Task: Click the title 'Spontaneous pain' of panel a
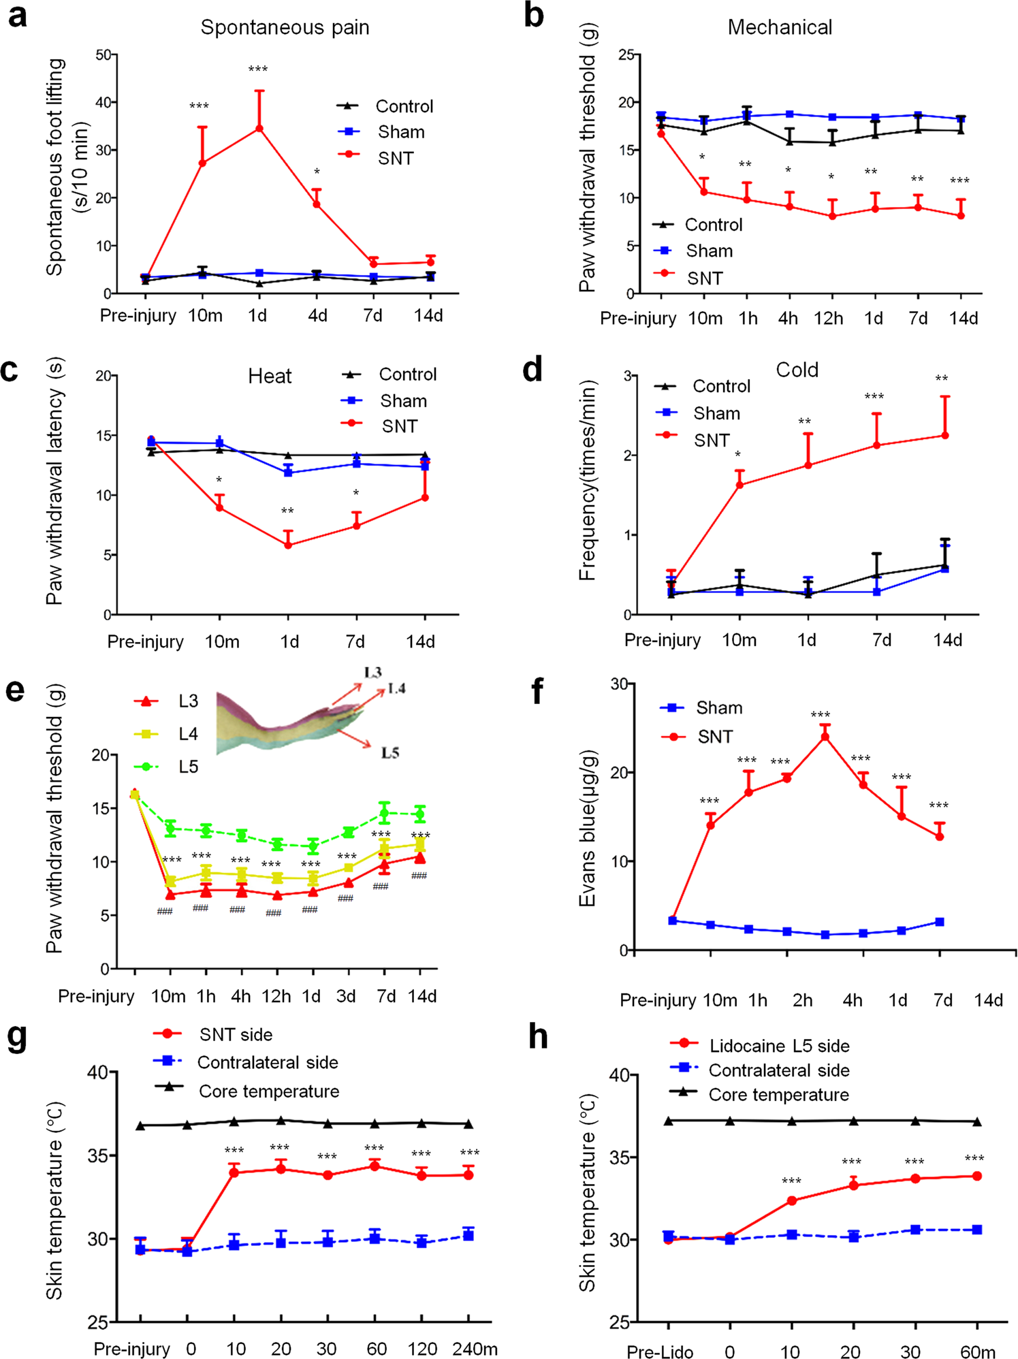pos(285,28)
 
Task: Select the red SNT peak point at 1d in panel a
pos(259,128)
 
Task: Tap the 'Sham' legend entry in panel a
pos(401,132)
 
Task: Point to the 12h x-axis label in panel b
pos(829,318)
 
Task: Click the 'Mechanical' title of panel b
pos(780,27)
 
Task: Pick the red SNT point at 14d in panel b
pos(961,216)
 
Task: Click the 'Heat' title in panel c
pos(270,376)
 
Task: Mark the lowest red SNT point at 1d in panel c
pos(288,545)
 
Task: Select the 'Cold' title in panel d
pos(797,370)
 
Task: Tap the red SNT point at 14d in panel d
pos(945,435)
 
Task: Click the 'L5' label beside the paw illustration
pos(390,752)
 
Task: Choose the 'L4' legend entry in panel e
pos(189,734)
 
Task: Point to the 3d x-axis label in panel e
pos(346,996)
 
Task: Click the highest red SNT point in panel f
pos(825,736)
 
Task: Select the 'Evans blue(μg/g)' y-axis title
pos(588,829)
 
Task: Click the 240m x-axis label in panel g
pos(475,1349)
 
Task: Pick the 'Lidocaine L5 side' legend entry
pos(780,1046)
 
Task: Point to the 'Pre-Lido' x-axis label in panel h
pos(660,1352)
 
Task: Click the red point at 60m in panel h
pos(977,1176)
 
